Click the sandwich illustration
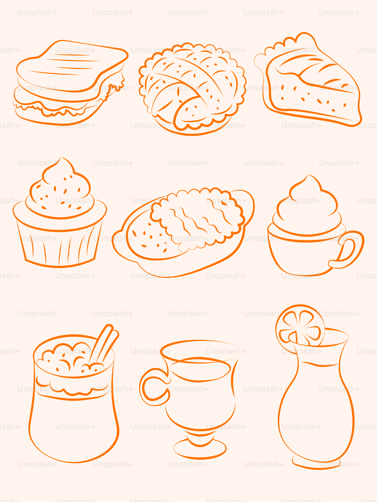coord(70,83)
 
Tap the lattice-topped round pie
coord(192,89)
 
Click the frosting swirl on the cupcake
coord(60,191)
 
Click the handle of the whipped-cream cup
coord(348,250)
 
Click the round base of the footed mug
coord(200,449)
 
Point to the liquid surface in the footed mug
coord(200,369)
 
